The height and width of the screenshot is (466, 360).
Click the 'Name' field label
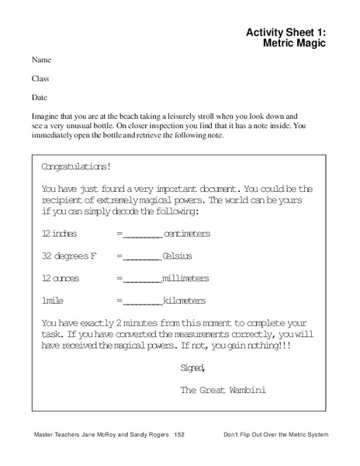pos(42,60)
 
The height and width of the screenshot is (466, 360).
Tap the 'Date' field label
pos(40,98)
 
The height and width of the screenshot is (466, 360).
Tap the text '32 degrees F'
pos(65,256)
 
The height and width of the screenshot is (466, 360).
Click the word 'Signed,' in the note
pos(192,367)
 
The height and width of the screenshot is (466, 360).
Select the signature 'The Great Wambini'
pos(223,390)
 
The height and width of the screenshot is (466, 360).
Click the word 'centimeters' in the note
pos(186,234)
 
